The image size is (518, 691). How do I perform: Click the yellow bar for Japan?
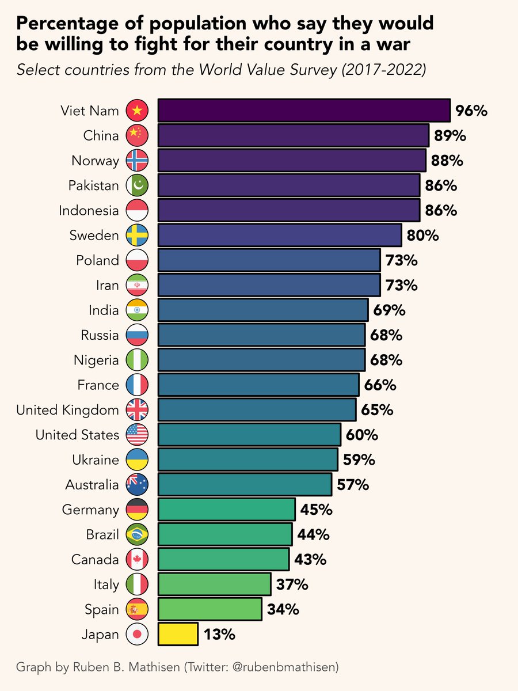click(x=178, y=634)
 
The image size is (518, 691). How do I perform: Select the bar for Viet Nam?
click(x=303, y=110)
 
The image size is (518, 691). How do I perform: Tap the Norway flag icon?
click(x=137, y=160)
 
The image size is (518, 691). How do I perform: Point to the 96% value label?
click(x=471, y=111)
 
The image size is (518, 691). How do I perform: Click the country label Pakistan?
click(x=93, y=185)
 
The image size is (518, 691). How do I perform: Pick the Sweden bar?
click(x=279, y=235)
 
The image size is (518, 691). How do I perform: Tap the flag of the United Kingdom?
click(x=137, y=410)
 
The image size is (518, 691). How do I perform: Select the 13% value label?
click(x=219, y=635)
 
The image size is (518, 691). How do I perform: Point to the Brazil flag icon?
click(x=137, y=535)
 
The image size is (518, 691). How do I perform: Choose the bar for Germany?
click(x=226, y=510)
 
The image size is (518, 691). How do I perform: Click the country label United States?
click(x=77, y=435)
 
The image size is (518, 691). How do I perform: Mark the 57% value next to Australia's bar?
click(x=353, y=485)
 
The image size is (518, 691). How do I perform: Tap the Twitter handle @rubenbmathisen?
click(x=287, y=667)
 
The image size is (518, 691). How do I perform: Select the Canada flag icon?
click(x=137, y=560)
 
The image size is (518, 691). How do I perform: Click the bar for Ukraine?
click(x=247, y=460)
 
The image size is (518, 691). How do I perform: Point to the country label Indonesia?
click(x=89, y=210)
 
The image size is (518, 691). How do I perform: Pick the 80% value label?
click(x=423, y=236)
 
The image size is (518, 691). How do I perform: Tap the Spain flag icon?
click(x=137, y=609)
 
